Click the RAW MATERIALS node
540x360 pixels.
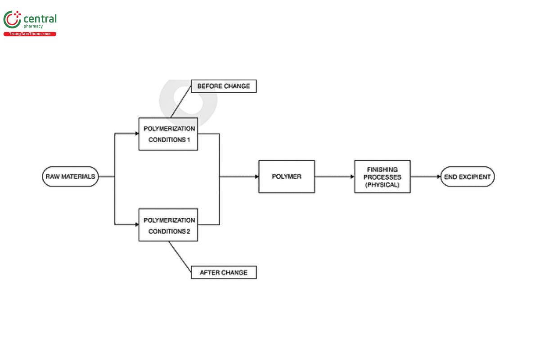70,177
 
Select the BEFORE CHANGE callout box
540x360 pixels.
224,86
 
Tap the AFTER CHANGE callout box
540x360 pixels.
224,272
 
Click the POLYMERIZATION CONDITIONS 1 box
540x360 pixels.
168,134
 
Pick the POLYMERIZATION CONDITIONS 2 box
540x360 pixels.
168,225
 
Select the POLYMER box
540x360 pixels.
287,177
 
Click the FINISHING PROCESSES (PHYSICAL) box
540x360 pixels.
382,177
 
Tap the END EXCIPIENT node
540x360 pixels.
467,177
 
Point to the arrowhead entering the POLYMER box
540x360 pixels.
256,177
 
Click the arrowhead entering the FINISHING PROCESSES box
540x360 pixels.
352,177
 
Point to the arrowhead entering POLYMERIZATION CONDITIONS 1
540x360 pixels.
136,134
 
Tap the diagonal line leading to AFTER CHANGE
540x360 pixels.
180,256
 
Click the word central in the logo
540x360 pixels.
40,19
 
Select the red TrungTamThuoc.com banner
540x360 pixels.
30,34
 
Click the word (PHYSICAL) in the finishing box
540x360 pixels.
382,184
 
